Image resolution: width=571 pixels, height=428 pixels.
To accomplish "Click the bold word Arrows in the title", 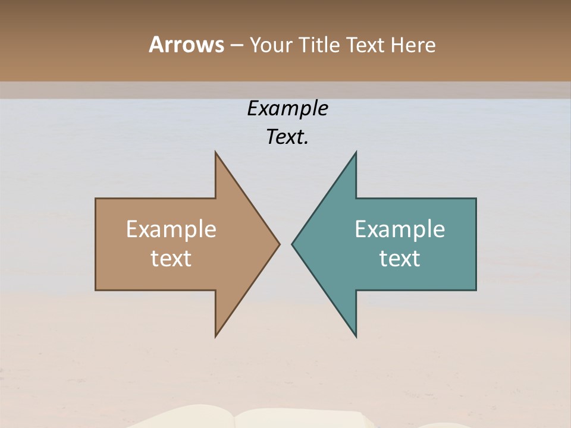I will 186,45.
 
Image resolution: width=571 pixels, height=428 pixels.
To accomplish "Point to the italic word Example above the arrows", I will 287,109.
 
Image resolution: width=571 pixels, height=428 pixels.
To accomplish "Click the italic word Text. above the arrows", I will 287,137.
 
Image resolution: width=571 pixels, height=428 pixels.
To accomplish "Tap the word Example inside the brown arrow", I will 171,229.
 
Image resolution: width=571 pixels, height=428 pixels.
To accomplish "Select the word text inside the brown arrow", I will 171,258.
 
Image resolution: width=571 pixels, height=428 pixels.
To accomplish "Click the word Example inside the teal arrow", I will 400,229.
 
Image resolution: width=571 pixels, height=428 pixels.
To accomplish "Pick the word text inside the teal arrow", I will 400,258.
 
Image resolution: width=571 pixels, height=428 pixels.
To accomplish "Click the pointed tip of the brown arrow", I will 278,244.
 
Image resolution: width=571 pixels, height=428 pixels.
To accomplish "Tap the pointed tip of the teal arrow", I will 293,244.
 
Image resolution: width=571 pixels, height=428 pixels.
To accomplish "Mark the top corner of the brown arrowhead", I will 216,153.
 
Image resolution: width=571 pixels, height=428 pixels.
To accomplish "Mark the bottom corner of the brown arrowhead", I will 216,335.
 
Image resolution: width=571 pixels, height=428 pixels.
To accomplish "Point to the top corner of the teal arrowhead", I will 356,153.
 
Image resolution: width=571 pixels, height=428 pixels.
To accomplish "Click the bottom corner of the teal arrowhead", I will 356,335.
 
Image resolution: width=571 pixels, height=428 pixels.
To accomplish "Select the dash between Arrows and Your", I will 236,46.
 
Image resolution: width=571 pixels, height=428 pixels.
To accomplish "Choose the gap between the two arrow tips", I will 285,244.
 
